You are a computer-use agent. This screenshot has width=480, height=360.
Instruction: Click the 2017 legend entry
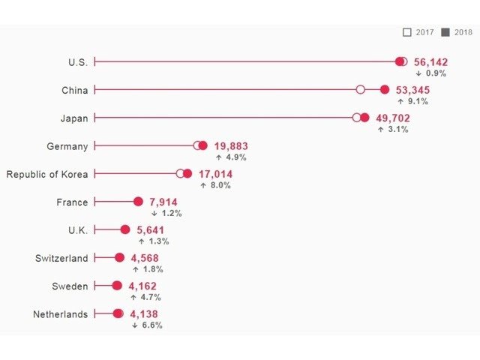418,32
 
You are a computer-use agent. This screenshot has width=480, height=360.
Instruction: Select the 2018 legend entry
457,32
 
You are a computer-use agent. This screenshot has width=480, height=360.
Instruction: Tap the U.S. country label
78,62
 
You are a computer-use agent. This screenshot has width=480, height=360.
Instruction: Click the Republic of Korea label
47,174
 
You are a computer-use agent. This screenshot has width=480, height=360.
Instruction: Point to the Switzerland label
61,258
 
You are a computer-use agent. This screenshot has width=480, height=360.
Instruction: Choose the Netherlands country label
61,314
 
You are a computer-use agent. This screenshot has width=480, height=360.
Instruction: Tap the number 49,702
394,118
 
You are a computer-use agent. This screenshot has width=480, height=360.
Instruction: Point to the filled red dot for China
385,90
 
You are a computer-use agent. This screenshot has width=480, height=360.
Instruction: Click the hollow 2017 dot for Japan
357,118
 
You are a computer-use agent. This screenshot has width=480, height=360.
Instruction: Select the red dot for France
138,202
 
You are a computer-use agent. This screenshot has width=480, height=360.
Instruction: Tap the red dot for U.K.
124,230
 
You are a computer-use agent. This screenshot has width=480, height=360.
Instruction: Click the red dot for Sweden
117,286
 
